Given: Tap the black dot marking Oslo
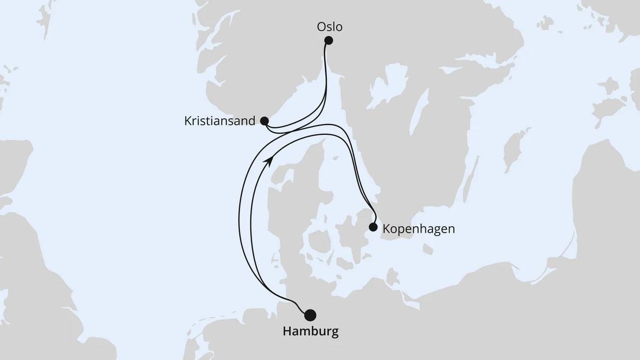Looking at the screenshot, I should point(329,40).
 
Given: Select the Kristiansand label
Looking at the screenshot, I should point(220,121).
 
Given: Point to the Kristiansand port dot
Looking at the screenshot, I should point(264,121).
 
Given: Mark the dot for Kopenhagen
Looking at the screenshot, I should point(373,227).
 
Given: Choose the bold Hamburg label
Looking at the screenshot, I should point(310,331).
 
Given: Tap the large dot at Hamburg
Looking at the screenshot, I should point(310,315).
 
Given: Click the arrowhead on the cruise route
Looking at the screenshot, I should point(269,159).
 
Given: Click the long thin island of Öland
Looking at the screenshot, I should point(471,176).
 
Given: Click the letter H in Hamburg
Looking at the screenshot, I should point(287,331).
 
